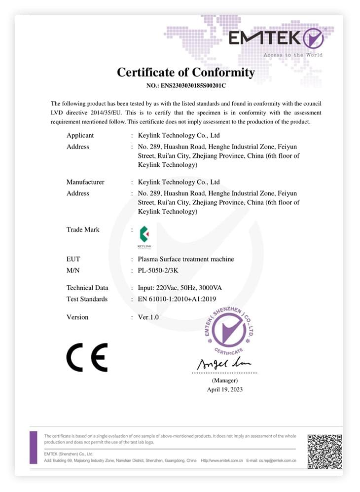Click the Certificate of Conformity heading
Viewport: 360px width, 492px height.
186,73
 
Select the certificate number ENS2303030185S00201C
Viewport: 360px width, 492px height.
186,85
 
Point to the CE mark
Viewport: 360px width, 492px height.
87,357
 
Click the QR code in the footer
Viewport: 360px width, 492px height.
324,451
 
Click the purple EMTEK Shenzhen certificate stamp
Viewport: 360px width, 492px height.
229,330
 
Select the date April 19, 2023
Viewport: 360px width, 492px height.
225,389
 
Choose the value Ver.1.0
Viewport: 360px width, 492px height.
148,317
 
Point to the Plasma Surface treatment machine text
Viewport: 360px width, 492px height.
186,259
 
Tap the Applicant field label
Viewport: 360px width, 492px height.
80,135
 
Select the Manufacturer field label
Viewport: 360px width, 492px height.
85,182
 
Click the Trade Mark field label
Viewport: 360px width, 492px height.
83,229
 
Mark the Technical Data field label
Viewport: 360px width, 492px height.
87,288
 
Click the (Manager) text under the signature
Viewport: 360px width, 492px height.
225,380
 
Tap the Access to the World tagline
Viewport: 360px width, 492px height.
293,55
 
